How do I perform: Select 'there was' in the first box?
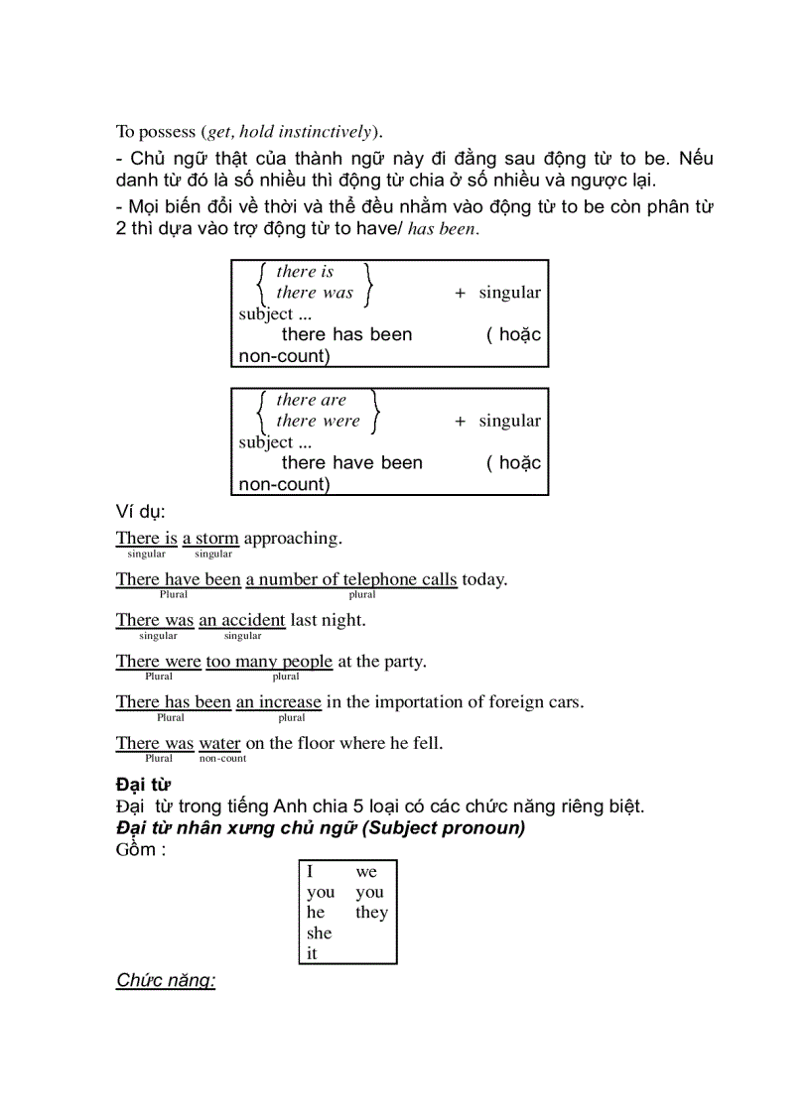coord(314,293)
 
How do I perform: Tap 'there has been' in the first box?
coord(346,334)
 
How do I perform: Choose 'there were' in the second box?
coord(318,421)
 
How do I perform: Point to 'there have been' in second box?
coord(351,462)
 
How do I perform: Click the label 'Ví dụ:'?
coord(140,512)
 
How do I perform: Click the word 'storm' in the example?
coord(216,539)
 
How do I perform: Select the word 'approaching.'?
coord(293,539)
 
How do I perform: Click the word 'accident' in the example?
coord(253,620)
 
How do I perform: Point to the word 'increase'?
coord(290,701)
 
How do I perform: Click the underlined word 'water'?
coord(219,743)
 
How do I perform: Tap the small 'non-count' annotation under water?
coord(222,759)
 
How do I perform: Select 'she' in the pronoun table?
coord(319,933)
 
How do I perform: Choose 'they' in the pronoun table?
coord(371,913)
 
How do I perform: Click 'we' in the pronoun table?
coord(366,872)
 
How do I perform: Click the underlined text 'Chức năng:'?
coord(166,981)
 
